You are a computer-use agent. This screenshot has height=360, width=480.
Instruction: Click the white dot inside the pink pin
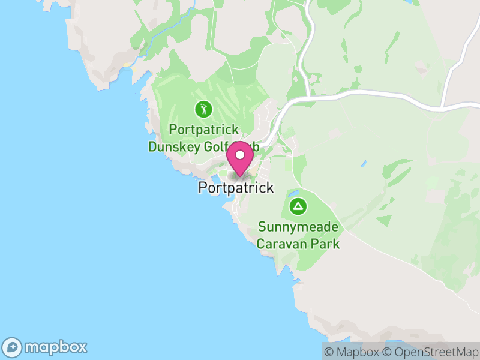(x=240, y=155)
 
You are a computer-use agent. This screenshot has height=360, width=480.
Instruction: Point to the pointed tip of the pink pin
(x=240, y=176)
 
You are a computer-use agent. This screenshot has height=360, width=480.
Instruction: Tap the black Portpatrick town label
(x=236, y=188)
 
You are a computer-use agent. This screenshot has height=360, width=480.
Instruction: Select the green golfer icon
(x=203, y=109)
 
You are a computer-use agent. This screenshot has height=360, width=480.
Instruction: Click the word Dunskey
(x=173, y=146)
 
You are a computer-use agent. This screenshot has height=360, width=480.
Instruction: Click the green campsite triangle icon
(x=298, y=207)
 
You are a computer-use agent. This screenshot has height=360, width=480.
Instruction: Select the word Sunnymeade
(x=298, y=227)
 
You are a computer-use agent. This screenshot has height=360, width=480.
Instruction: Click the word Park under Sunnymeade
(x=328, y=244)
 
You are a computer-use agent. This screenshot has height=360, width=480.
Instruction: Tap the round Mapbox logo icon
(x=13, y=347)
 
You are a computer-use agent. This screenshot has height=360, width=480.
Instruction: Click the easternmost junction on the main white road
(x=442, y=107)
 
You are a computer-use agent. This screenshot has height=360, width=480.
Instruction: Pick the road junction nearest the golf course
(x=307, y=95)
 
